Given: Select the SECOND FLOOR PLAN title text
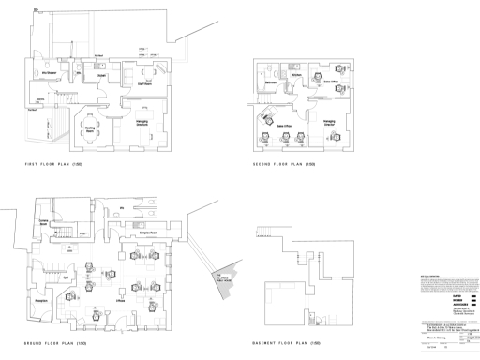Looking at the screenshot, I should [292, 164].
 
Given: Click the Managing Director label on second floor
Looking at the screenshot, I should [329, 122].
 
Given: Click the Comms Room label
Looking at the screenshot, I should [44, 223].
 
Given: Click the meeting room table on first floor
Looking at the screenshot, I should [89, 116].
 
